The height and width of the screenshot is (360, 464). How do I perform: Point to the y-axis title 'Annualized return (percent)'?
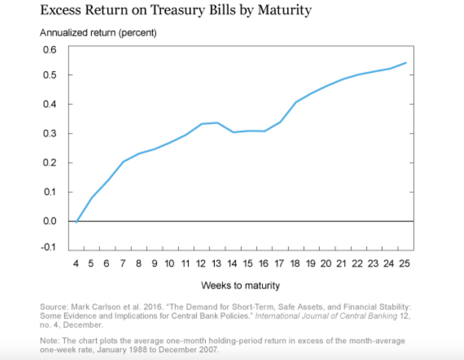tap(98, 33)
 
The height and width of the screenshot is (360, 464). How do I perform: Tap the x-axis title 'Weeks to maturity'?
tap(240, 285)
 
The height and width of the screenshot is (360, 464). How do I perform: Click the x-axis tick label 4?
tap(76, 263)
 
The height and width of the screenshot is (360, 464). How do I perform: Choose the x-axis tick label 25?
tap(405, 263)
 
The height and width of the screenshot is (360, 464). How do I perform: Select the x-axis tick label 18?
tap(295, 263)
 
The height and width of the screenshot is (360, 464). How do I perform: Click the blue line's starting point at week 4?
tap(76, 222)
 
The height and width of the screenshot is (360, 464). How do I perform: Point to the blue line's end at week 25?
tap(406, 63)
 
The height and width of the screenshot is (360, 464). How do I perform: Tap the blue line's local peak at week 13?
tap(217, 122)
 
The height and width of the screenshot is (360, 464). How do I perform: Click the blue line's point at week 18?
tap(296, 102)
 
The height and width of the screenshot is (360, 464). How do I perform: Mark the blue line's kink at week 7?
tap(123, 161)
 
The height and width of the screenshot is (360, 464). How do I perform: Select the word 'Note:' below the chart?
tap(50, 341)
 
